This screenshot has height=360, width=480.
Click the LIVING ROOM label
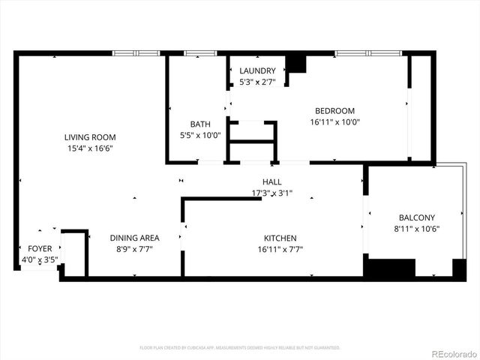[90, 137]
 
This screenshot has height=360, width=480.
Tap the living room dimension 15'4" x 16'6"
[90, 148]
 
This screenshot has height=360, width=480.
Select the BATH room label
[200, 124]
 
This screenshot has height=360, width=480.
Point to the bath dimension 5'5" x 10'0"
[200, 136]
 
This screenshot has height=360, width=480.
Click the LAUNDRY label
[256, 71]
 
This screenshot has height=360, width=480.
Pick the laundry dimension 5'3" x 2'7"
[256, 82]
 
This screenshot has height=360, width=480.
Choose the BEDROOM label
[334, 110]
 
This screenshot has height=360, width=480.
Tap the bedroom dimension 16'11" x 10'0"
[334, 121]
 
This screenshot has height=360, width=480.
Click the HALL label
[272, 182]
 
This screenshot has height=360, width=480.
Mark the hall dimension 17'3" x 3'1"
[272, 193]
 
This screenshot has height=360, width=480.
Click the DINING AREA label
[134, 238]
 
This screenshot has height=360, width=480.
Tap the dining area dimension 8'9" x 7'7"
[134, 249]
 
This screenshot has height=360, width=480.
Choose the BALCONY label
[416, 218]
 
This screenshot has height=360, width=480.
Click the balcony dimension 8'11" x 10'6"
[416, 229]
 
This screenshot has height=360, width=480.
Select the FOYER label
[40, 248]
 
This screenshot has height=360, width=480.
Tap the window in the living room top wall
[136, 53]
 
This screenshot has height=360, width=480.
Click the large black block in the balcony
[389, 268]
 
